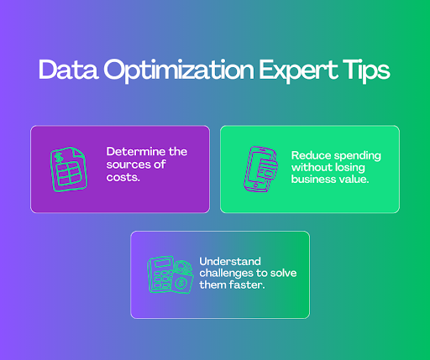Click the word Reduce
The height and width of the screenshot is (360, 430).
[310, 156]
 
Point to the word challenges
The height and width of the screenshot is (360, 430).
[229, 274]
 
